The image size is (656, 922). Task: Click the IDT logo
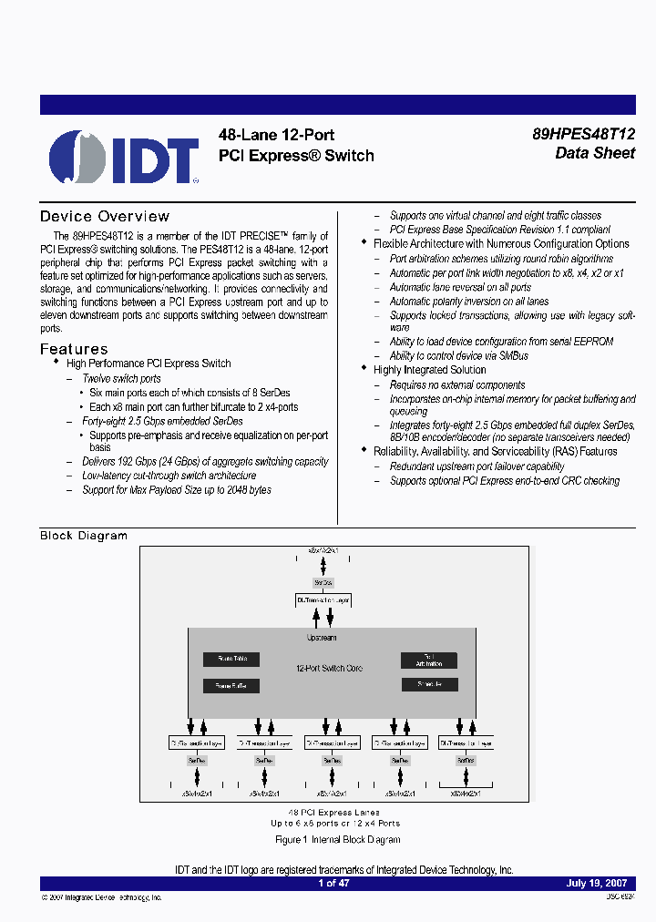click(124, 157)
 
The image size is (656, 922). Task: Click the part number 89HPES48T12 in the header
click(583, 133)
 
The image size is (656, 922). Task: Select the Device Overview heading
click(105, 217)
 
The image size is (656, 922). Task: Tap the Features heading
click(74, 349)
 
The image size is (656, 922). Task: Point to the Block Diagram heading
click(84, 536)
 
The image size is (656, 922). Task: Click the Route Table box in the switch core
click(231, 659)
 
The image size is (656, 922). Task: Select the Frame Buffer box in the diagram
click(231, 685)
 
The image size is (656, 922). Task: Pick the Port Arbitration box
click(428, 660)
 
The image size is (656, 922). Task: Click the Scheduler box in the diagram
click(428, 684)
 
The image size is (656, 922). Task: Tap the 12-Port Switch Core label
click(329, 669)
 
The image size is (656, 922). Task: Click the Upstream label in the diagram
click(321, 638)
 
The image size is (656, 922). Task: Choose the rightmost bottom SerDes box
click(466, 760)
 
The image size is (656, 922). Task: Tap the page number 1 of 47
click(333, 883)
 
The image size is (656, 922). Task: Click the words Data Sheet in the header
click(595, 153)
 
